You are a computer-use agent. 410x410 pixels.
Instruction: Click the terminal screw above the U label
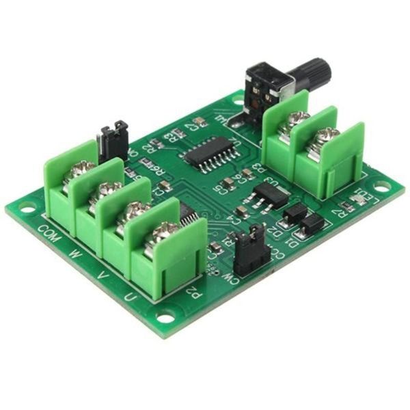click(x=164, y=232)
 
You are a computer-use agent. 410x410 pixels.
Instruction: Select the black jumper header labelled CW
click(x=251, y=250)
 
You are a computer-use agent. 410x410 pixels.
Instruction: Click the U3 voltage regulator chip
click(x=270, y=195)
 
